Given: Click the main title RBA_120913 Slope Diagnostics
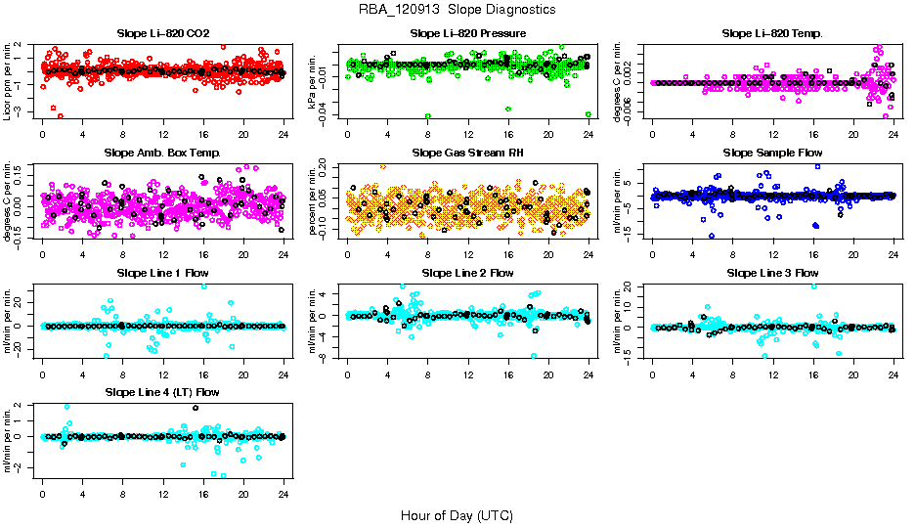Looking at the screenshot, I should click(457, 10).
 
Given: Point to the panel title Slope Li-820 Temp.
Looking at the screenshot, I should click(772, 34).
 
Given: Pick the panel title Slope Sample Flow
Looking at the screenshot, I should click(772, 154).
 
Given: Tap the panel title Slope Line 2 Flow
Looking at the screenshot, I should click(468, 273).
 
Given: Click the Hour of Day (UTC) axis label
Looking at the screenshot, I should click(457, 514).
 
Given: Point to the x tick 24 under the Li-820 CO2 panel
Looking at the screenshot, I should click(283, 135).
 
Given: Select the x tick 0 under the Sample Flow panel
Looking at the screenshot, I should click(653, 254).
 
